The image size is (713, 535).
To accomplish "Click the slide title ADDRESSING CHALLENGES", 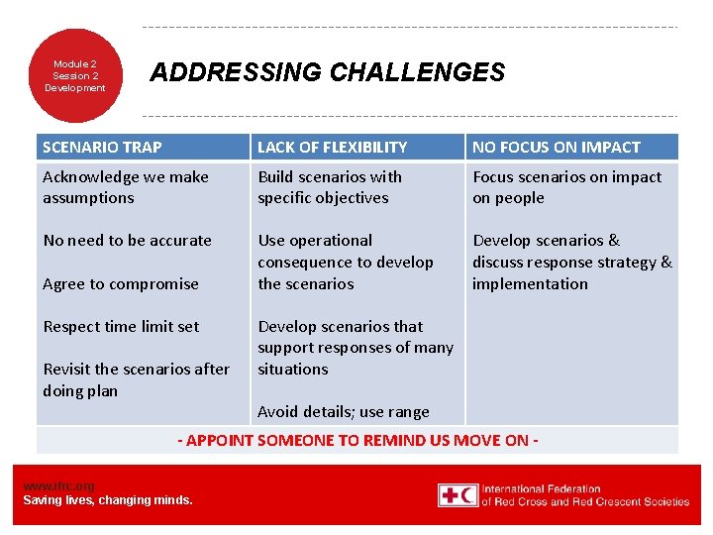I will pos(327,72).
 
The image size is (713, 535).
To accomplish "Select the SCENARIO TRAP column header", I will pos(102,147).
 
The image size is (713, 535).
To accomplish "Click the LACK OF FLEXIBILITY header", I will pos(332,147).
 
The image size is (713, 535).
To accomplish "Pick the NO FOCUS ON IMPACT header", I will pos(556,147).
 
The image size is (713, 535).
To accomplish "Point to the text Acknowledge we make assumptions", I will pos(126,187).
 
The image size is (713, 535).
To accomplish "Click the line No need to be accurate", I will pos(127,240).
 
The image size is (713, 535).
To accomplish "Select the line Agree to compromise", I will pos(121,283).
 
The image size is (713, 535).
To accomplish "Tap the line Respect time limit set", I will pos(121,326).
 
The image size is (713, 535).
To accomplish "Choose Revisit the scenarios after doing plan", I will pos(136,379).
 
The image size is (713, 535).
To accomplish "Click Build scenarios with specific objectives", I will pos(330,187).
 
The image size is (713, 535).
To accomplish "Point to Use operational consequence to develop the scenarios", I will pos(345,262).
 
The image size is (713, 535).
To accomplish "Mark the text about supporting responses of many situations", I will pos(355,348).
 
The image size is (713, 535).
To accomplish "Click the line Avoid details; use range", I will pos(343,411).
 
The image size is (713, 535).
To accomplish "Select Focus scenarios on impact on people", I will pos(566,187).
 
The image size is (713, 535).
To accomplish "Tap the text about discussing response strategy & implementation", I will pos(571,262).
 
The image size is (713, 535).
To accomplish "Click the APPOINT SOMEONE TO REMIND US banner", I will pos(357,440).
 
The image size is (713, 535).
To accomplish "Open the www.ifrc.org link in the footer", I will pos(58,485).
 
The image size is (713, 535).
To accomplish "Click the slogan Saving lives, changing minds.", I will pos(108,499).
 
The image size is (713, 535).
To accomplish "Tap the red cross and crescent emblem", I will pos(458,495).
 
